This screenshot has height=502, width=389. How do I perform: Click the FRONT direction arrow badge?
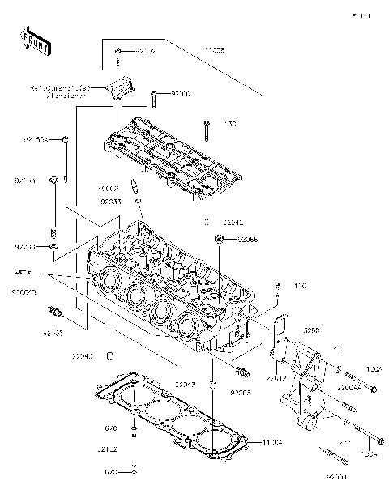pos(31,38)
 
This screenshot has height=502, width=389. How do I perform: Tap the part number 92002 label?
pos(181,94)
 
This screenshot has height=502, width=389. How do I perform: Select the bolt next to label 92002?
pos(154,98)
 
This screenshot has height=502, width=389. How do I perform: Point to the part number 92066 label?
pos(248,240)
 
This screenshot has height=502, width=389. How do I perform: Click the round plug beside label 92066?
pos(220,238)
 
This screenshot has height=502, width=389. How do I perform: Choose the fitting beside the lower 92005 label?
pos(241,372)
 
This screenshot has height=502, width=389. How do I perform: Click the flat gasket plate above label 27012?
pos(281,332)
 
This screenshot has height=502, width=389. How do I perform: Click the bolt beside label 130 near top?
pos(208,128)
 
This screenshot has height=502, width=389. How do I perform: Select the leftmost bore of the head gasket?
pos(122,398)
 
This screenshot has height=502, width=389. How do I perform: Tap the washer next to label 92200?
pos(53,245)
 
